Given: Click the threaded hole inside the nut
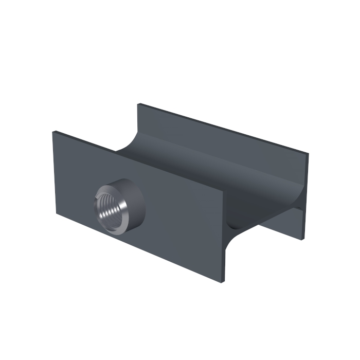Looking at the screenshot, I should coord(109,208).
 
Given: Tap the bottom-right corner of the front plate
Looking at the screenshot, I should coord(224,281).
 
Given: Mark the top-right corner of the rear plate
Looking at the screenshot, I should coord(308,154).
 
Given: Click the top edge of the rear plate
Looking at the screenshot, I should coord(221,129).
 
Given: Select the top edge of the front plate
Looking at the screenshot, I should coord(139,161).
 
